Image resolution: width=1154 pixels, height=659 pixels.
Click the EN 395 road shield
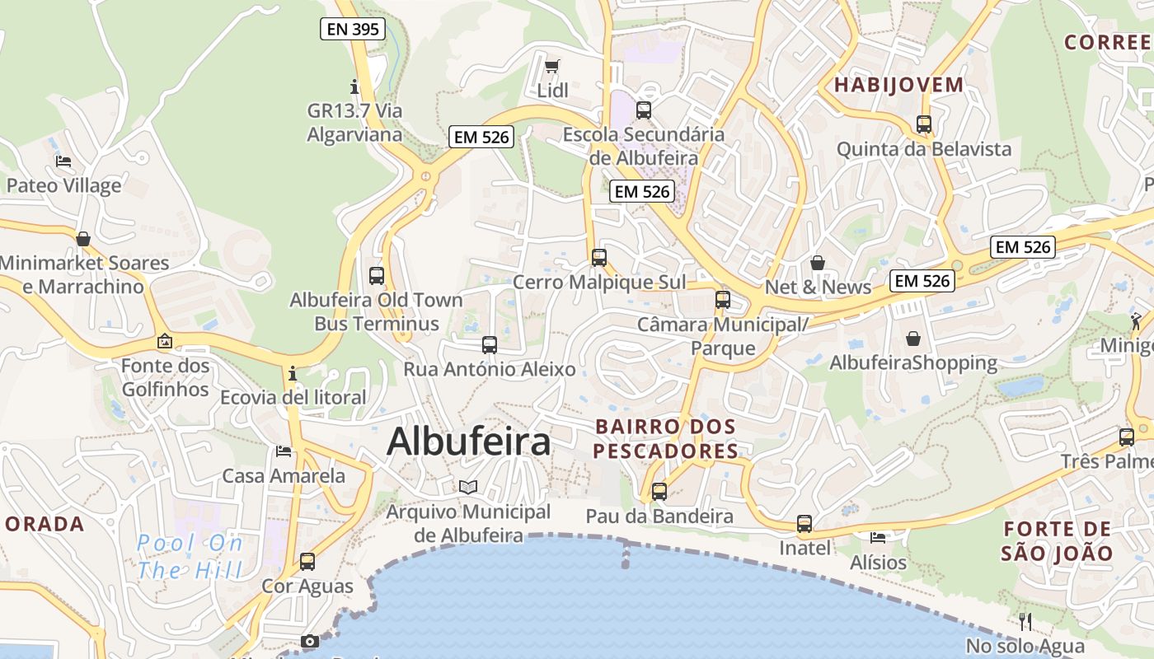pos(353,30)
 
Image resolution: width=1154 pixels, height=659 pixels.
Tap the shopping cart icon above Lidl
pos(552,66)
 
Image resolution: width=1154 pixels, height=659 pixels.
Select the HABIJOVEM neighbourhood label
pos(898,85)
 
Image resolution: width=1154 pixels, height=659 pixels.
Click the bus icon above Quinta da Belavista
pos(924,124)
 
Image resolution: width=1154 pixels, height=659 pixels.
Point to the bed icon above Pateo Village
pos(63,161)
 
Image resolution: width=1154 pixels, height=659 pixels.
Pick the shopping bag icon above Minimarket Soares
pos(83,239)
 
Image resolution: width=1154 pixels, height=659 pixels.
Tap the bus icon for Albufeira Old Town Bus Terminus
pos(377,276)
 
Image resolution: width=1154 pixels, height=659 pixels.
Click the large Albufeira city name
pos(468,442)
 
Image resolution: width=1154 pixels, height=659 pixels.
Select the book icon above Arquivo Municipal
pos(468,487)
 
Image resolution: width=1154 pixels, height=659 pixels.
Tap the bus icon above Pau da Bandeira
pos(659,492)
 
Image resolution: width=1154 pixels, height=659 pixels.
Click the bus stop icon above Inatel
pos(805,523)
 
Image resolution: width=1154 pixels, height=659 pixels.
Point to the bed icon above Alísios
pos(878,538)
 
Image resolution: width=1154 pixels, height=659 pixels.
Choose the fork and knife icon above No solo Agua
pos(1025,621)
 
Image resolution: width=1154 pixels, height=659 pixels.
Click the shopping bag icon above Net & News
pos(818,263)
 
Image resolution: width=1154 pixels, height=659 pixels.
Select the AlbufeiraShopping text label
pos(913,362)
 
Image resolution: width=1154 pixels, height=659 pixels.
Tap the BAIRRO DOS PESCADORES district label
pos(665,439)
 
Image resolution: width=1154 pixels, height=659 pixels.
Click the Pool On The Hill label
pos(190,556)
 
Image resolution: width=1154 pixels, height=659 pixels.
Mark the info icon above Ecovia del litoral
pos(293,374)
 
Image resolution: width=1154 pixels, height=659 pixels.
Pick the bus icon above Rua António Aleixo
pos(490,344)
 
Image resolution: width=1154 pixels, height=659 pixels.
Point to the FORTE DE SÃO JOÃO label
pos(1058,540)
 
